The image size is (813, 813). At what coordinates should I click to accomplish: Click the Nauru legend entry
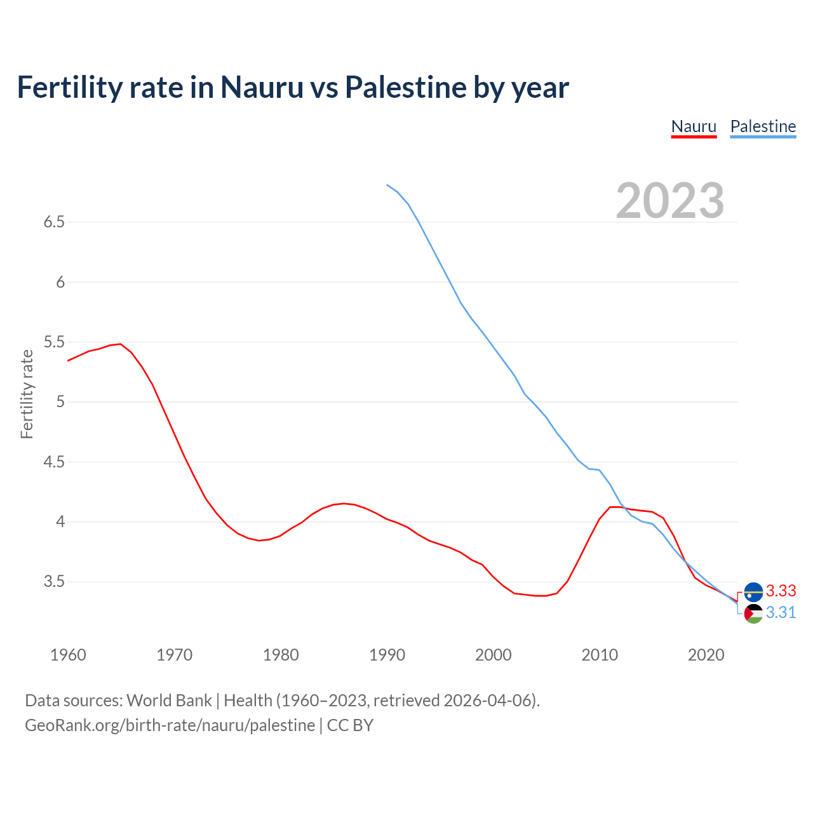click(x=694, y=126)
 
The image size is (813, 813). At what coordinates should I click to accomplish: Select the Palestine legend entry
click(x=763, y=126)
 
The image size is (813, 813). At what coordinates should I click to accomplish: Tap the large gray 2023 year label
click(x=669, y=201)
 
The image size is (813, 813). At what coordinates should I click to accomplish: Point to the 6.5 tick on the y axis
click(x=54, y=222)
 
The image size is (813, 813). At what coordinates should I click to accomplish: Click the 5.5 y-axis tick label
click(x=54, y=342)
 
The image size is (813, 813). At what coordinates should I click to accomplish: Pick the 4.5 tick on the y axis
click(x=54, y=462)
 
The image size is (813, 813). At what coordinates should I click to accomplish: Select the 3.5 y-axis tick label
click(x=54, y=582)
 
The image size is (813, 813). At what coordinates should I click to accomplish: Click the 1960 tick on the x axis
click(x=68, y=655)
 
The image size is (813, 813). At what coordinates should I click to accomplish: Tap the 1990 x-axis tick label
click(x=387, y=655)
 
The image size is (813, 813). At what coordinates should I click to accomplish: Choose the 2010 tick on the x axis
click(x=600, y=655)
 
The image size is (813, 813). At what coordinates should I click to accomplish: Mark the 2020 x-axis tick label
click(x=706, y=655)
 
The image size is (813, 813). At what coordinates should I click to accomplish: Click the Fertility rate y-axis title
click(x=27, y=394)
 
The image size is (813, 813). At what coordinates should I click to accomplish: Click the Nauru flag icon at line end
click(x=753, y=591)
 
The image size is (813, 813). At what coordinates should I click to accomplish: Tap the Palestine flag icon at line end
click(x=753, y=614)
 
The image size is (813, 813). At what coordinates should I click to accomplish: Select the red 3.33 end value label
click(x=781, y=591)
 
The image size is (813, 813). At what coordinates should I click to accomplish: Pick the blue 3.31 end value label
click(x=781, y=613)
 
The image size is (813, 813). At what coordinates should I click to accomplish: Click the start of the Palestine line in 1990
click(x=387, y=185)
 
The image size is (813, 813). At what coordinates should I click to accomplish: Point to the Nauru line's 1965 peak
click(x=121, y=344)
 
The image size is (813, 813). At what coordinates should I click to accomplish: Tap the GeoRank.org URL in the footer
click(x=170, y=725)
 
